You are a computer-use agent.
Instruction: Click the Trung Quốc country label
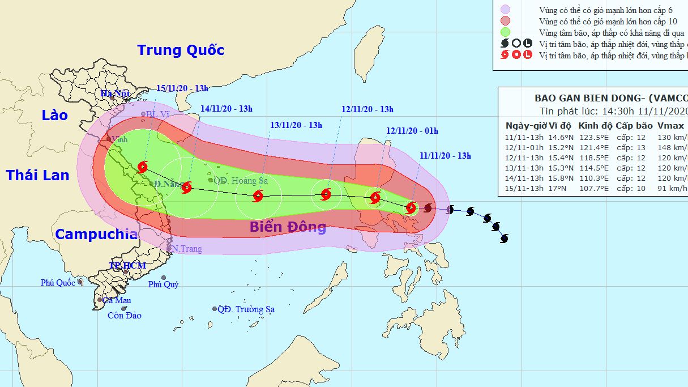181,50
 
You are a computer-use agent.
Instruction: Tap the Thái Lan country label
37,175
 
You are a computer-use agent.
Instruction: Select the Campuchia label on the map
96,234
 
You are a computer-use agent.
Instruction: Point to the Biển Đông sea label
288,227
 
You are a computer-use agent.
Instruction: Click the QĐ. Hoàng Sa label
241,181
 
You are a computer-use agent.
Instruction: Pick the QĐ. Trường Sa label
246,309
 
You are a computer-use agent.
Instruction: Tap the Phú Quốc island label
58,283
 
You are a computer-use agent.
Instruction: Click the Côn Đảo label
125,316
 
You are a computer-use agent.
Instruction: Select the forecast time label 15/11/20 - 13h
183,88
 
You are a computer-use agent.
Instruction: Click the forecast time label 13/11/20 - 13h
296,125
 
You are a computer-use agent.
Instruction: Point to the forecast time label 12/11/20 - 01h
412,131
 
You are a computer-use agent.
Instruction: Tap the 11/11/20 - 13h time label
445,156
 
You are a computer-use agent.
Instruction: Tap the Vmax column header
671,126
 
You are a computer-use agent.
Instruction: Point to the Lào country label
54,116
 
